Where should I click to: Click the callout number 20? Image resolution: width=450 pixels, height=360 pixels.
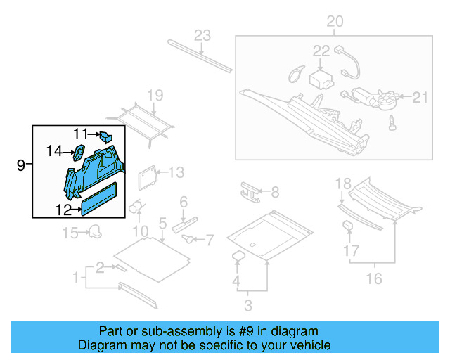(x=335, y=22)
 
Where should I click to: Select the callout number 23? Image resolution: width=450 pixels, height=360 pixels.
(x=202, y=35)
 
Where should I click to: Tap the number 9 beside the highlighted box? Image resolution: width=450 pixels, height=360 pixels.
(x=20, y=165)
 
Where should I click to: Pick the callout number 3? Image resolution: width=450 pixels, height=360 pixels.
(x=248, y=305)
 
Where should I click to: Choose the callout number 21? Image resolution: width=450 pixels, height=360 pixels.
(x=420, y=98)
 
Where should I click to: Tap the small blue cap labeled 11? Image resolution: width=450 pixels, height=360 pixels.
(x=105, y=136)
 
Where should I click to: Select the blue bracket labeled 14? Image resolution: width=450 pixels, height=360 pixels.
(x=79, y=151)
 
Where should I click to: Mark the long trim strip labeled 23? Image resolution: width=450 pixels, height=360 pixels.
(x=200, y=56)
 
